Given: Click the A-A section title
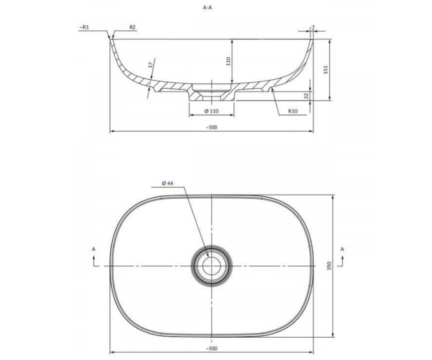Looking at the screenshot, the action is click(x=207, y=8).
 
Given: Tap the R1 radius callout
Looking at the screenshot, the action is click(x=84, y=27).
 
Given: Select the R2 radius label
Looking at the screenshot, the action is click(x=132, y=27).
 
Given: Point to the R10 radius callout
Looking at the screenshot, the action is click(x=293, y=111).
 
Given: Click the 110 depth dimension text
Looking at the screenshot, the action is click(x=228, y=61).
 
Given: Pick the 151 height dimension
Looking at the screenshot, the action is click(x=326, y=69).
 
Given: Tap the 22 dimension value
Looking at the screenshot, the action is click(x=307, y=96).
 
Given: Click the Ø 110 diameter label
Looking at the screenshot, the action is click(x=212, y=111).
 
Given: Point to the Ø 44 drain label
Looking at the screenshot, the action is click(x=168, y=183).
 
